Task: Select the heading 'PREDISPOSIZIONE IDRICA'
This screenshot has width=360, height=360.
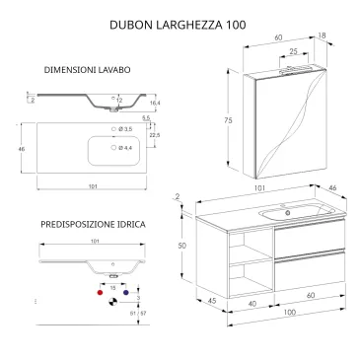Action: pyautogui.click(x=93, y=225)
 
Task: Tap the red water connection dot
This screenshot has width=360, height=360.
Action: pyautogui.click(x=100, y=293)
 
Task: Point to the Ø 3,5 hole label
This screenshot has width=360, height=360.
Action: pyautogui.click(x=125, y=129)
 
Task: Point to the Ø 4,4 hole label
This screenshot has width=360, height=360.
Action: pyautogui.click(x=125, y=149)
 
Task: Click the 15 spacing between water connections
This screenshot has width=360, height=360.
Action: pyautogui.click(x=111, y=286)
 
